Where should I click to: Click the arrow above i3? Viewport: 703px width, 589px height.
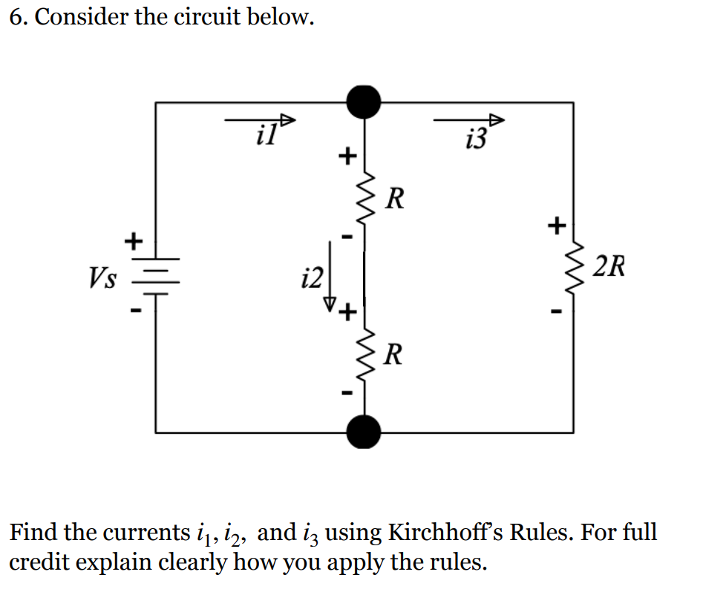[x=469, y=119]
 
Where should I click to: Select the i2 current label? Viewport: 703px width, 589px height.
[x=312, y=278]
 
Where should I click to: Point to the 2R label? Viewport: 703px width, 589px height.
[x=610, y=266]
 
